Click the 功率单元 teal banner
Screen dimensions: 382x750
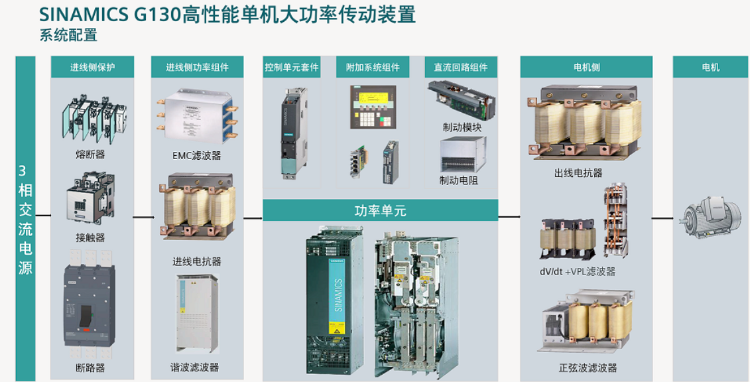tap(380, 211)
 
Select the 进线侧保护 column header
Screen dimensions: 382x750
tap(92, 67)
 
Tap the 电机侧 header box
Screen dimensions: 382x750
tap(586, 67)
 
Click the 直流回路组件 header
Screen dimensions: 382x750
tap(461, 67)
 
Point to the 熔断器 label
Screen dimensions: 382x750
tap(90, 155)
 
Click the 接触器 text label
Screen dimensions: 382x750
tap(90, 237)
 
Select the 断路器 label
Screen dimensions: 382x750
tap(90, 367)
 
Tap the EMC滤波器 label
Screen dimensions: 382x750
tap(196, 156)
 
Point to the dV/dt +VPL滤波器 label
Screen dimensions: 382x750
tap(578, 271)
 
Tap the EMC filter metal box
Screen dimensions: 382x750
tap(196, 117)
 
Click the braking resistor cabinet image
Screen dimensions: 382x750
tap(462, 155)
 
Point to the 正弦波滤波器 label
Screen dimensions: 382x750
tap(588, 367)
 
